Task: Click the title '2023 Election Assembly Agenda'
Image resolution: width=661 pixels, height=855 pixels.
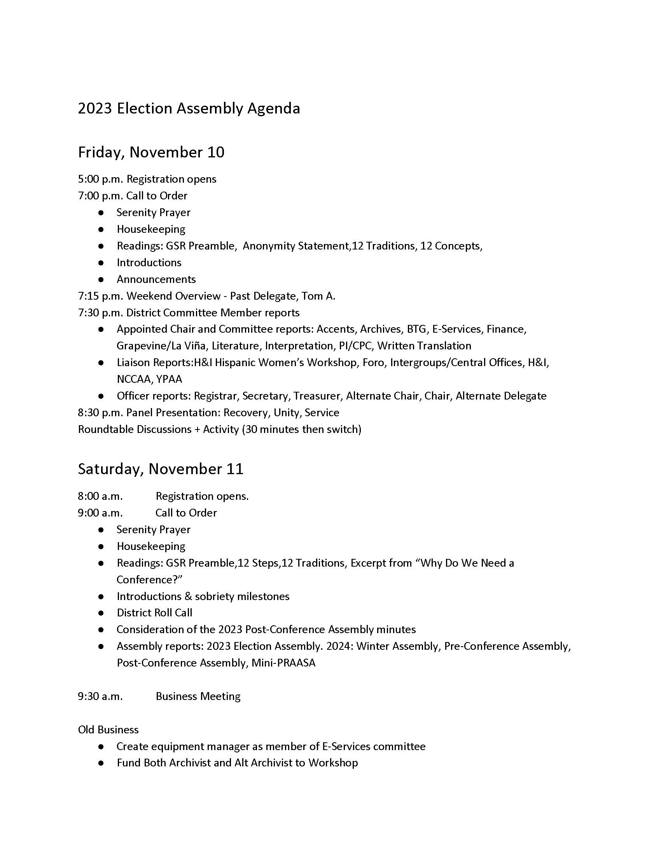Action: click(189, 108)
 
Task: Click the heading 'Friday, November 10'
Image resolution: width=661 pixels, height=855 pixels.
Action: click(151, 152)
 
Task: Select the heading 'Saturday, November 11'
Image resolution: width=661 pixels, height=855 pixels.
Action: click(161, 469)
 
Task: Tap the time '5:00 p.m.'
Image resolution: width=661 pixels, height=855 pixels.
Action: click(101, 179)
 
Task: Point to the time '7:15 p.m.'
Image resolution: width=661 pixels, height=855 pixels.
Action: click(101, 296)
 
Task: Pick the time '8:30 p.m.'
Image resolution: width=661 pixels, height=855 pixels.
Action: click(101, 413)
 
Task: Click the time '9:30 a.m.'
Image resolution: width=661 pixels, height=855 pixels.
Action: click(100, 696)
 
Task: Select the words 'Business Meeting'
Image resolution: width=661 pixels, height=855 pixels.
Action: click(198, 696)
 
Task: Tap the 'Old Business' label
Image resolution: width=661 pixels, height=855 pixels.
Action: click(108, 730)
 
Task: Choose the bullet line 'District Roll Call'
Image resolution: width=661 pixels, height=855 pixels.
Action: click(154, 613)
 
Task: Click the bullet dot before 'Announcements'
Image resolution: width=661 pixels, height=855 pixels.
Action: click(101, 280)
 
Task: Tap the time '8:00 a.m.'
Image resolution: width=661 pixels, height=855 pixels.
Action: click(100, 496)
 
